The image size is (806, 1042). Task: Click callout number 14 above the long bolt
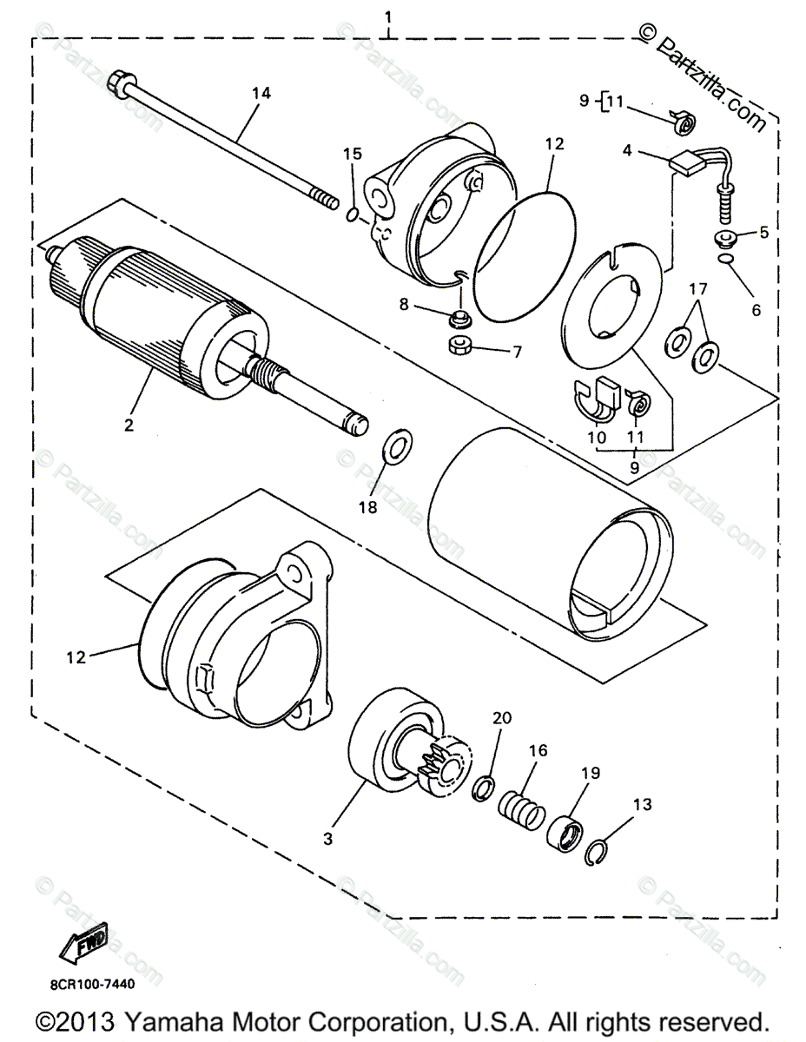pos(261,93)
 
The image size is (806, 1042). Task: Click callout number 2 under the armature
pos(129,425)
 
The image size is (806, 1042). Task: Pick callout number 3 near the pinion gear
pos(327,839)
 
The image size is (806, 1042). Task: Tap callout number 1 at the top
pos(388,17)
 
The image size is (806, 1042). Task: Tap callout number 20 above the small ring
pos(502,717)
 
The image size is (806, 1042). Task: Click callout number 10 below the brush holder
pos(596,439)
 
